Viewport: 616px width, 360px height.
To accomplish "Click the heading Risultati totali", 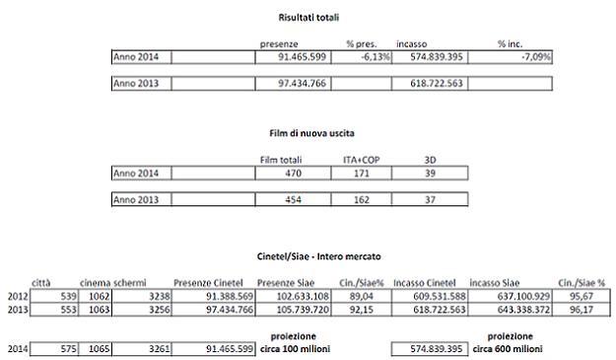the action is (307, 17).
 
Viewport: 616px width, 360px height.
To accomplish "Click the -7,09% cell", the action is (531, 58).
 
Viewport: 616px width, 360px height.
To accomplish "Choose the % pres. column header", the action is (362, 44).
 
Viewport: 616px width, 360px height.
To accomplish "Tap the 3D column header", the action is (429, 159).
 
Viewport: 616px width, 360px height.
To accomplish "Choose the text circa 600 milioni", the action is (504, 350).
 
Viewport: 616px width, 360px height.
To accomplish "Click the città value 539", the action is (57, 295).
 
